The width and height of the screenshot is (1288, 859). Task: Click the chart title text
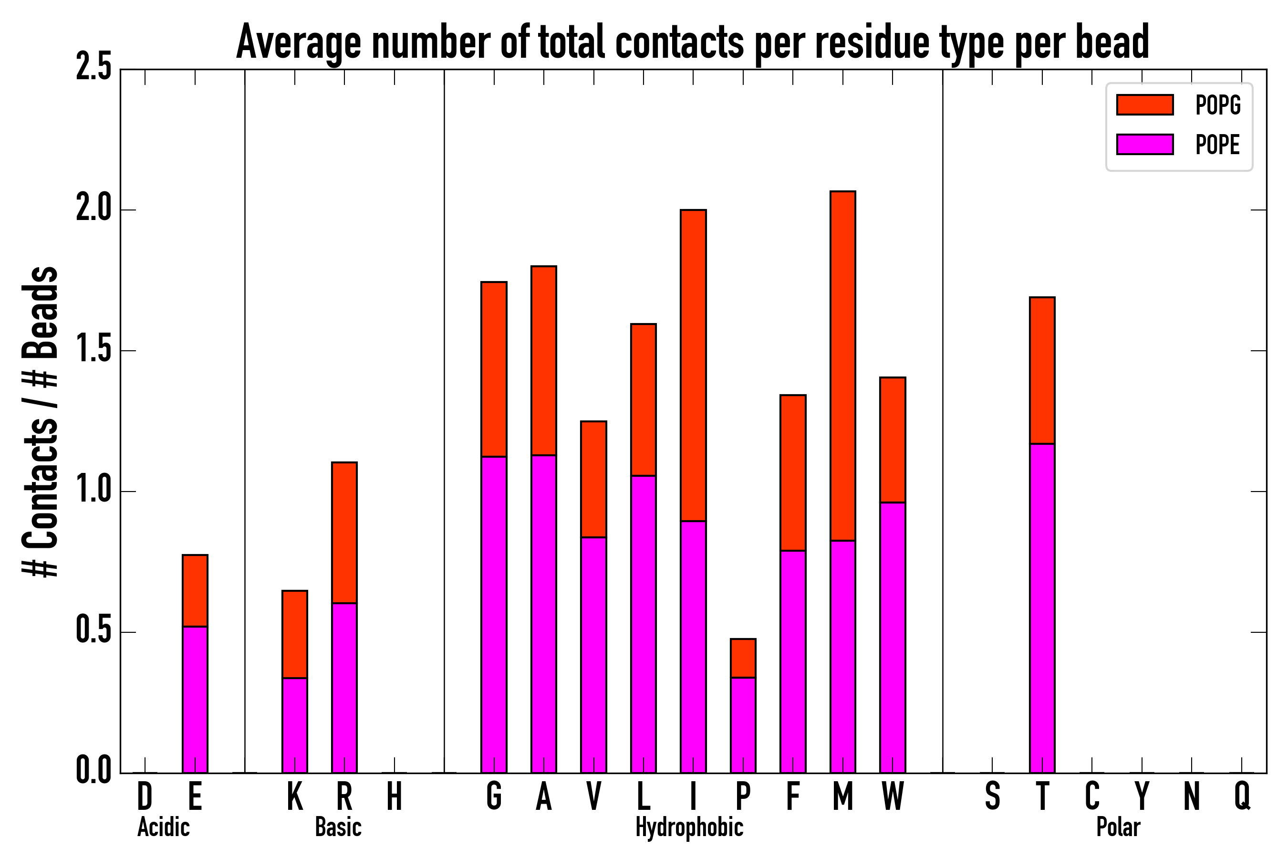(x=692, y=43)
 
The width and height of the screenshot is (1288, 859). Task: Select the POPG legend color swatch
(x=1144, y=105)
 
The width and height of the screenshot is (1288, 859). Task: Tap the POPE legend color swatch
(x=1144, y=144)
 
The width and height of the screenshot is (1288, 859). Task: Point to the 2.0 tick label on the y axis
(x=93, y=210)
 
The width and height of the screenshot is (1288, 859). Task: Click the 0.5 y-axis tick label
(x=93, y=632)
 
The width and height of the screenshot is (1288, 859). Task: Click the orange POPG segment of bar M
(x=843, y=366)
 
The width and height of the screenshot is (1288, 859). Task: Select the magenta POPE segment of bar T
(x=1042, y=608)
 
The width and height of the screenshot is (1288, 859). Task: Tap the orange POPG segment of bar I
(x=693, y=366)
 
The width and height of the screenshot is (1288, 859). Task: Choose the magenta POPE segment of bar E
(x=195, y=700)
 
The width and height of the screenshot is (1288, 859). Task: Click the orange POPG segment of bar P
(x=743, y=659)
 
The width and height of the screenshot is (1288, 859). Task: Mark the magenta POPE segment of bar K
(x=295, y=725)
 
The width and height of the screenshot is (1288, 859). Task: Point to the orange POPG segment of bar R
(x=344, y=533)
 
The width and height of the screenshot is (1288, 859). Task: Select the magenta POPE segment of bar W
(x=893, y=638)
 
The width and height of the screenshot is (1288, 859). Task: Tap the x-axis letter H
(x=395, y=796)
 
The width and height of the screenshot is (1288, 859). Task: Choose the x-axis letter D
(x=145, y=796)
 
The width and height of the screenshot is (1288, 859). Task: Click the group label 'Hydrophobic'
(x=689, y=827)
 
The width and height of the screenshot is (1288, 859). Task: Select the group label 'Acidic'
(x=163, y=827)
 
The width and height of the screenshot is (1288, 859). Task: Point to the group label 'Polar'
(x=1118, y=827)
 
